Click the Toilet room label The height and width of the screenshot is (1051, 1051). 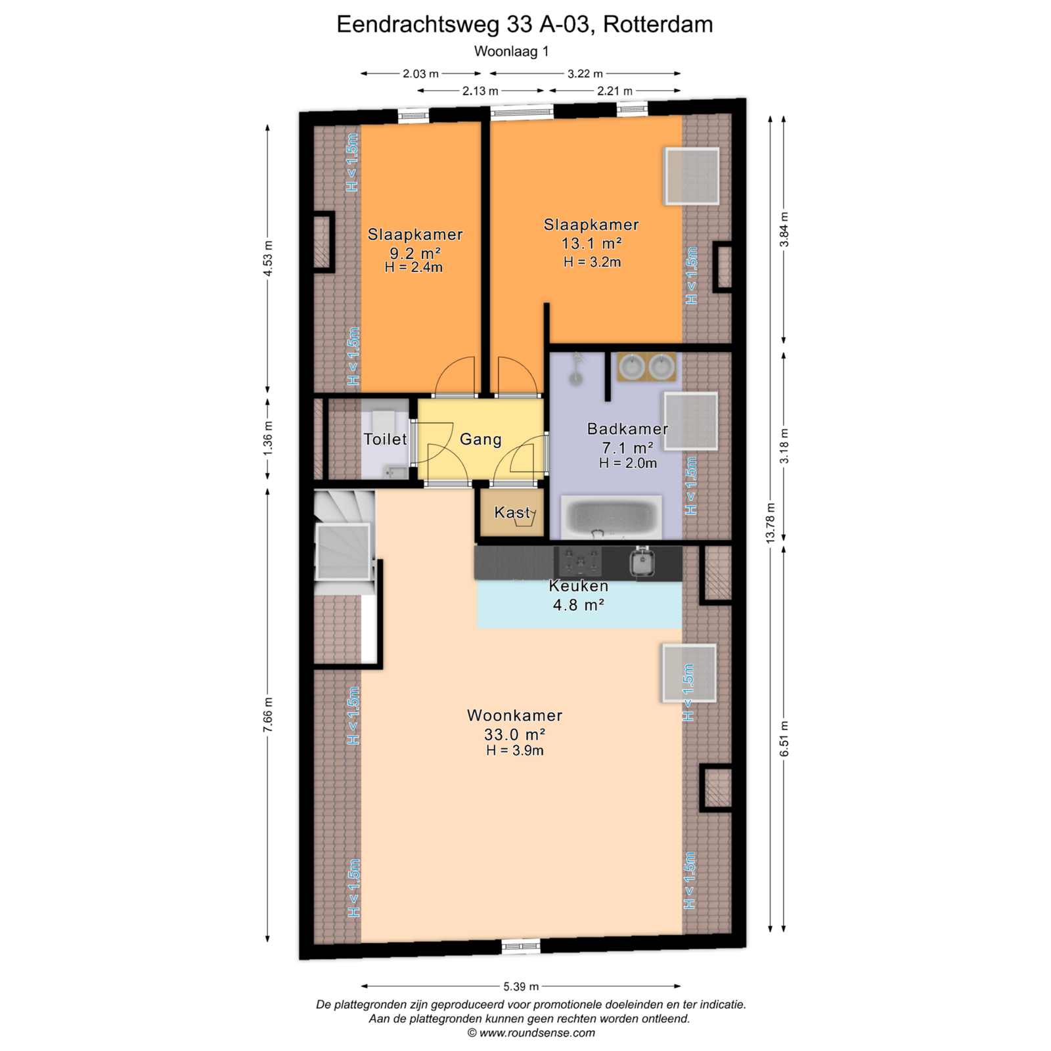pyautogui.click(x=386, y=439)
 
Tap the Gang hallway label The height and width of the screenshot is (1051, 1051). pyautogui.click(x=481, y=439)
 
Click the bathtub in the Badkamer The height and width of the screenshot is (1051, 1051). pyautogui.click(x=611, y=517)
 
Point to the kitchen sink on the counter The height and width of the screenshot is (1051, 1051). pyautogui.click(x=642, y=562)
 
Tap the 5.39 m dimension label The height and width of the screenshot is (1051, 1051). pyautogui.click(x=521, y=986)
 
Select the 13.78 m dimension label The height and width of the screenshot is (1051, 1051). pyautogui.click(x=771, y=522)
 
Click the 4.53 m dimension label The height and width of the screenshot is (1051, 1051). pyautogui.click(x=267, y=259)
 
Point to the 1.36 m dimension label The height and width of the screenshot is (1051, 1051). pyautogui.click(x=267, y=438)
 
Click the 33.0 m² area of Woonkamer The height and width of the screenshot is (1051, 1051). pyautogui.click(x=515, y=734)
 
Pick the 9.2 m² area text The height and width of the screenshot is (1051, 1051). pyautogui.click(x=415, y=253)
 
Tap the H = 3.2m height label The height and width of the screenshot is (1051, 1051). pyautogui.click(x=592, y=262)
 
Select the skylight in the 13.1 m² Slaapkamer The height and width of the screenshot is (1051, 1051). pyautogui.click(x=692, y=176)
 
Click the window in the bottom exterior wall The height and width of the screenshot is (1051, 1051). pyautogui.click(x=521, y=946)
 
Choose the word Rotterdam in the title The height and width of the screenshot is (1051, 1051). pyautogui.click(x=658, y=24)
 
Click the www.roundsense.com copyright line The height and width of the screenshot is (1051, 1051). pyautogui.click(x=531, y=1033)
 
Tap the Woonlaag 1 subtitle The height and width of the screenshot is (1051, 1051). pyautogui.click(x=511, y=51)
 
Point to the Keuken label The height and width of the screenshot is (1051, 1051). pyautogui.click(x=579, y=586)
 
